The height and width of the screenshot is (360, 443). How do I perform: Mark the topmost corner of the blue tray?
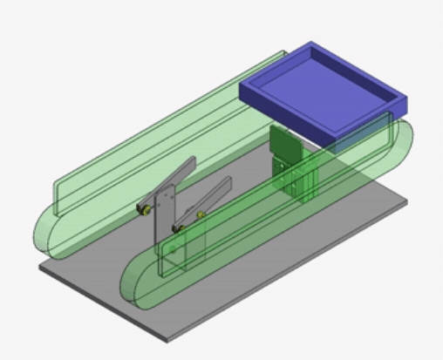(x=311, y=43)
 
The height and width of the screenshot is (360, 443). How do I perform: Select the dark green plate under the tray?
(x=283, y=145)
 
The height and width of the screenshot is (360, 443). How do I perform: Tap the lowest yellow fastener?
(x=179, y=228)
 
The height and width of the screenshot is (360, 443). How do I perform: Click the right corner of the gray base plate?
(x=406, y=201)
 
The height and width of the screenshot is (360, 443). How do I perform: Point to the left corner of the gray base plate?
(x=40, y=267)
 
